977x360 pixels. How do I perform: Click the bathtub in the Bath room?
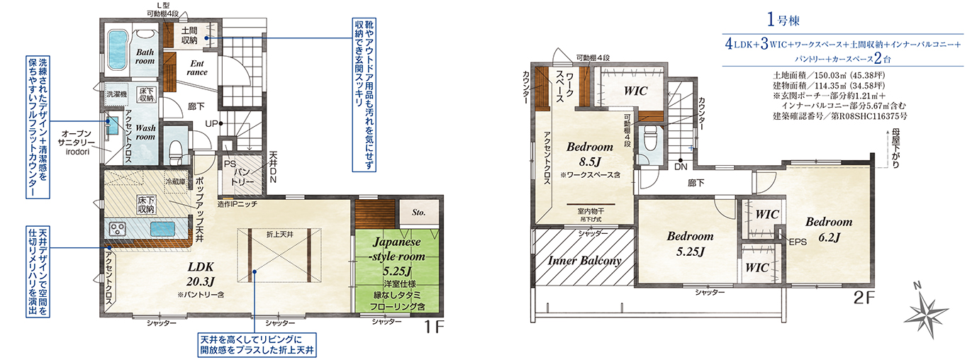117,50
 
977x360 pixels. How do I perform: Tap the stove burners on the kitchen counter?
117,229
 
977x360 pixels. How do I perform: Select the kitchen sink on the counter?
162,229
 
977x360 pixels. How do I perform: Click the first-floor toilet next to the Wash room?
177,150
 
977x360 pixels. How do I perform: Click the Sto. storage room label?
418,213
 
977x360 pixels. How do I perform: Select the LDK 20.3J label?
201,274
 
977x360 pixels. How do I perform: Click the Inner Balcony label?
584,261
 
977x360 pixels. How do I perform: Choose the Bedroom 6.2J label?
829,229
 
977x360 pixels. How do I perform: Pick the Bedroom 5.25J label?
690,244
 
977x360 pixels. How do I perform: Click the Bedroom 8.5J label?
590,154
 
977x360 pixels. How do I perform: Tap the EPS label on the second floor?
798,242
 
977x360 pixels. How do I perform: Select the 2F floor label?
864,298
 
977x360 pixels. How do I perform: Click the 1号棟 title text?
783,20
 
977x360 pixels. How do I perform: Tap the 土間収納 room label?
189,35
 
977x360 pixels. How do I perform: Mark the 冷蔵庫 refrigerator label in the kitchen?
175,182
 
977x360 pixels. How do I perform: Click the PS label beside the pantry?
230,164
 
